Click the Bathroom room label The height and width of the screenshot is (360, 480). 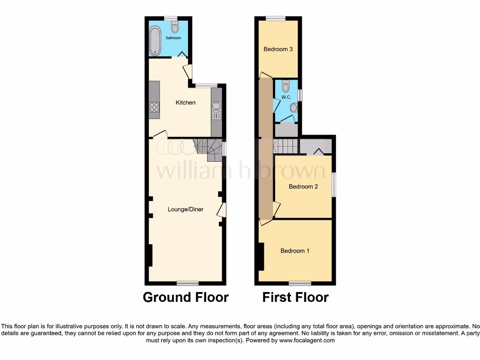coord(173,38)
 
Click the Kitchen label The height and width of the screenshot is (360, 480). coord(186,103)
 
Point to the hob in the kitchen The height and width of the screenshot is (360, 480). coord(154,108)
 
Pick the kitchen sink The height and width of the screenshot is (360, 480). coord(216,112)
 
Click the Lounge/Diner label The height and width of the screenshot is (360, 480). coord(186,209)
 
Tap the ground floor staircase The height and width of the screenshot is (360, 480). coord(209,149)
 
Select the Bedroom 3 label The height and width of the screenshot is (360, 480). coord(278,49)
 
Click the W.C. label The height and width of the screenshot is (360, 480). coord(286,97)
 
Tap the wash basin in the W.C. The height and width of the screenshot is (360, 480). coord(293,108)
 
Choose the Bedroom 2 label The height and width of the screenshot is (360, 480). coord(303,187)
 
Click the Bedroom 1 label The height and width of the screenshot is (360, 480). coord(295,251)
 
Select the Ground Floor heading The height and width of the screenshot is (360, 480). coord(186,297)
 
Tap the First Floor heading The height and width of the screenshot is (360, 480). coord(295,297)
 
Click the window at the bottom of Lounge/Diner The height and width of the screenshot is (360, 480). coord(187,283)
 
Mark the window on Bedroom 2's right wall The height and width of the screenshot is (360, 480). coord(334,185)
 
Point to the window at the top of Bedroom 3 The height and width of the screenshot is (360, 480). coord(276,18)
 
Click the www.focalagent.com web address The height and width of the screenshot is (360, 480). coord(307,341)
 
